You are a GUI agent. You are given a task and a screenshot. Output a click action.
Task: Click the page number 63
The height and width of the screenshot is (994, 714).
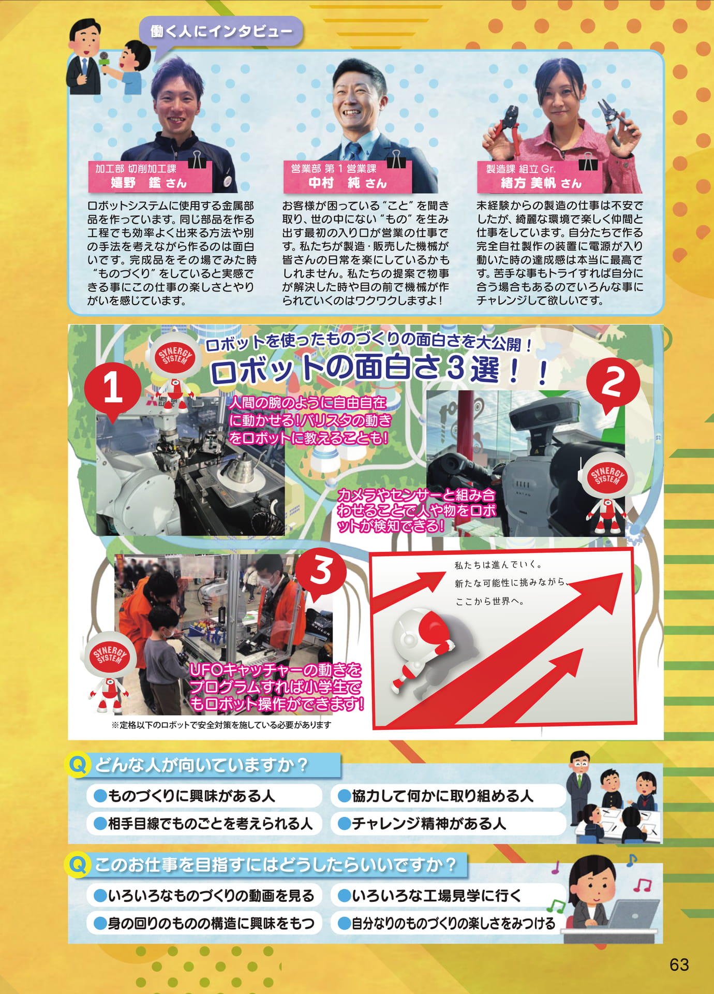[679, 964]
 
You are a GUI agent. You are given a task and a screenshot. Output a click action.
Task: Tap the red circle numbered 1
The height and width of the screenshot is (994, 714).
[113, 389]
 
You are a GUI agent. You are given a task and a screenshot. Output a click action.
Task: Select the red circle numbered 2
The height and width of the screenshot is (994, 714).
[613, 384]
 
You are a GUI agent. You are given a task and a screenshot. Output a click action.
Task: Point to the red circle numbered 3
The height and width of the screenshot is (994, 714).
[320, 572]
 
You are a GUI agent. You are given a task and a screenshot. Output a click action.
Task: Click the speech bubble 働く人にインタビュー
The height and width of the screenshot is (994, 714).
[221, 32]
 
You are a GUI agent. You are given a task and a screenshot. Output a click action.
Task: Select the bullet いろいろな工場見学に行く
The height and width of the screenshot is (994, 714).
[429, 896]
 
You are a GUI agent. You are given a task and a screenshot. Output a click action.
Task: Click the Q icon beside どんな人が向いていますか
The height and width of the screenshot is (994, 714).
[78, 764]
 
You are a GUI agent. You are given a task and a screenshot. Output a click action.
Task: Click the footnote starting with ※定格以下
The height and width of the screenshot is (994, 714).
[221, 725]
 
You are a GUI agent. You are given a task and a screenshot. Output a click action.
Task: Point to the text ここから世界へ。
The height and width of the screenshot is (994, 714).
[489, 602]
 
